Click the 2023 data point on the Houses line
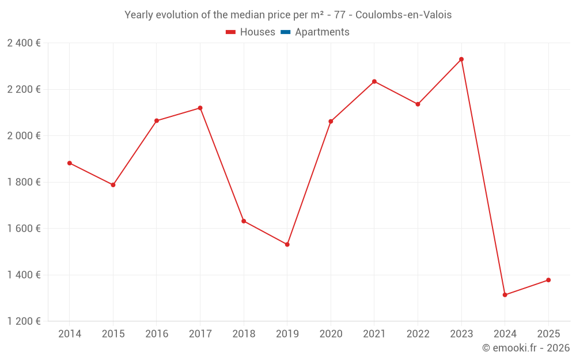pyautogui.click(x=461, y=59)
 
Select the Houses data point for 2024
pyautogui.click(x=505, y=295)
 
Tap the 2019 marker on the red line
pyautogui.click(x=287, y=245)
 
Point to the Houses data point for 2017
pyautogui.click(x=200, y=108)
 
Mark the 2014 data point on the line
pyautogui.click(x=70, y=163)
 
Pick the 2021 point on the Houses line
pyautogui.click(x=374, y=81)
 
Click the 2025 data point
pyautogui.click(x=548, y=280)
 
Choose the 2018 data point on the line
pyautogui.click(x=244, y=221)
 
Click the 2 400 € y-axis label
pyautogui.click(x=24, y=43)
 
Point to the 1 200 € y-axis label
pyautogui.click(x=24, y=321)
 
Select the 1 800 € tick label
pyautogui.click(x=24, y=182)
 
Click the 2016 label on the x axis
pyautogui.click(x=157, y=334)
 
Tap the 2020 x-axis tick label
pyautogui.click(x=331, y=334)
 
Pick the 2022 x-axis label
pyautogui.click(x=418, y=334)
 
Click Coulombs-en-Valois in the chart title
pyautogui.click(x=404, y=15)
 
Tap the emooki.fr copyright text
pyautogui.click(x=526, y=348)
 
